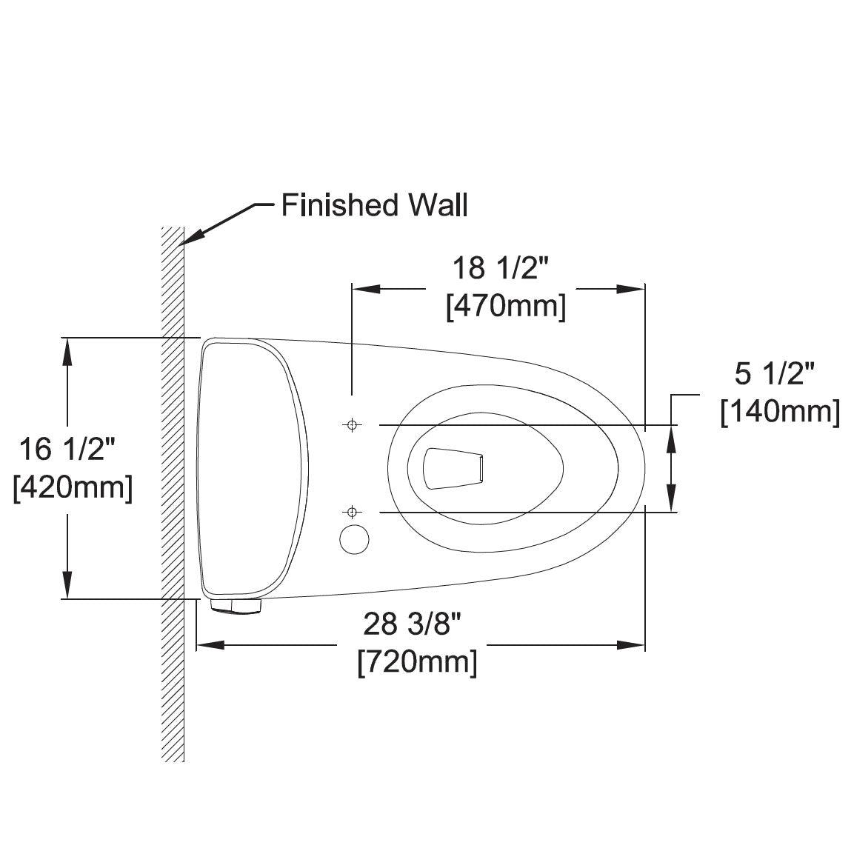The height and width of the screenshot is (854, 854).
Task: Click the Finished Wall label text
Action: (374, 205)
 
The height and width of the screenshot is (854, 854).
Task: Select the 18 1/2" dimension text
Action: (500, 267)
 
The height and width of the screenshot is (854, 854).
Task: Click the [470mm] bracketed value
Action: (506, 307)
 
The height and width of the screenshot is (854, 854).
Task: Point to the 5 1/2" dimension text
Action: (775, 374)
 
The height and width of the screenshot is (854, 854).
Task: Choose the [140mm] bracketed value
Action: (780, 413)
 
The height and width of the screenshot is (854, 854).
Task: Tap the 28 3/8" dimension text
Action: (413, 624)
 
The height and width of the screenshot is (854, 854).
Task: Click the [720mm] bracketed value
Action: (417, 661)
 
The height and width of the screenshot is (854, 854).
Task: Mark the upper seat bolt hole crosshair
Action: (353, 424)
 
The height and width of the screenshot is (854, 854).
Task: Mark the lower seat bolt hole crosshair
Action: (353, 512)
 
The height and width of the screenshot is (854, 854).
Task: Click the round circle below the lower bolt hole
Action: (354, 538)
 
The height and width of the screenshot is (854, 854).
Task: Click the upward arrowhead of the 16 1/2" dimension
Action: (68, 352)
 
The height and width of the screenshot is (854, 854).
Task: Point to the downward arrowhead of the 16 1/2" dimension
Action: (68, 584)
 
